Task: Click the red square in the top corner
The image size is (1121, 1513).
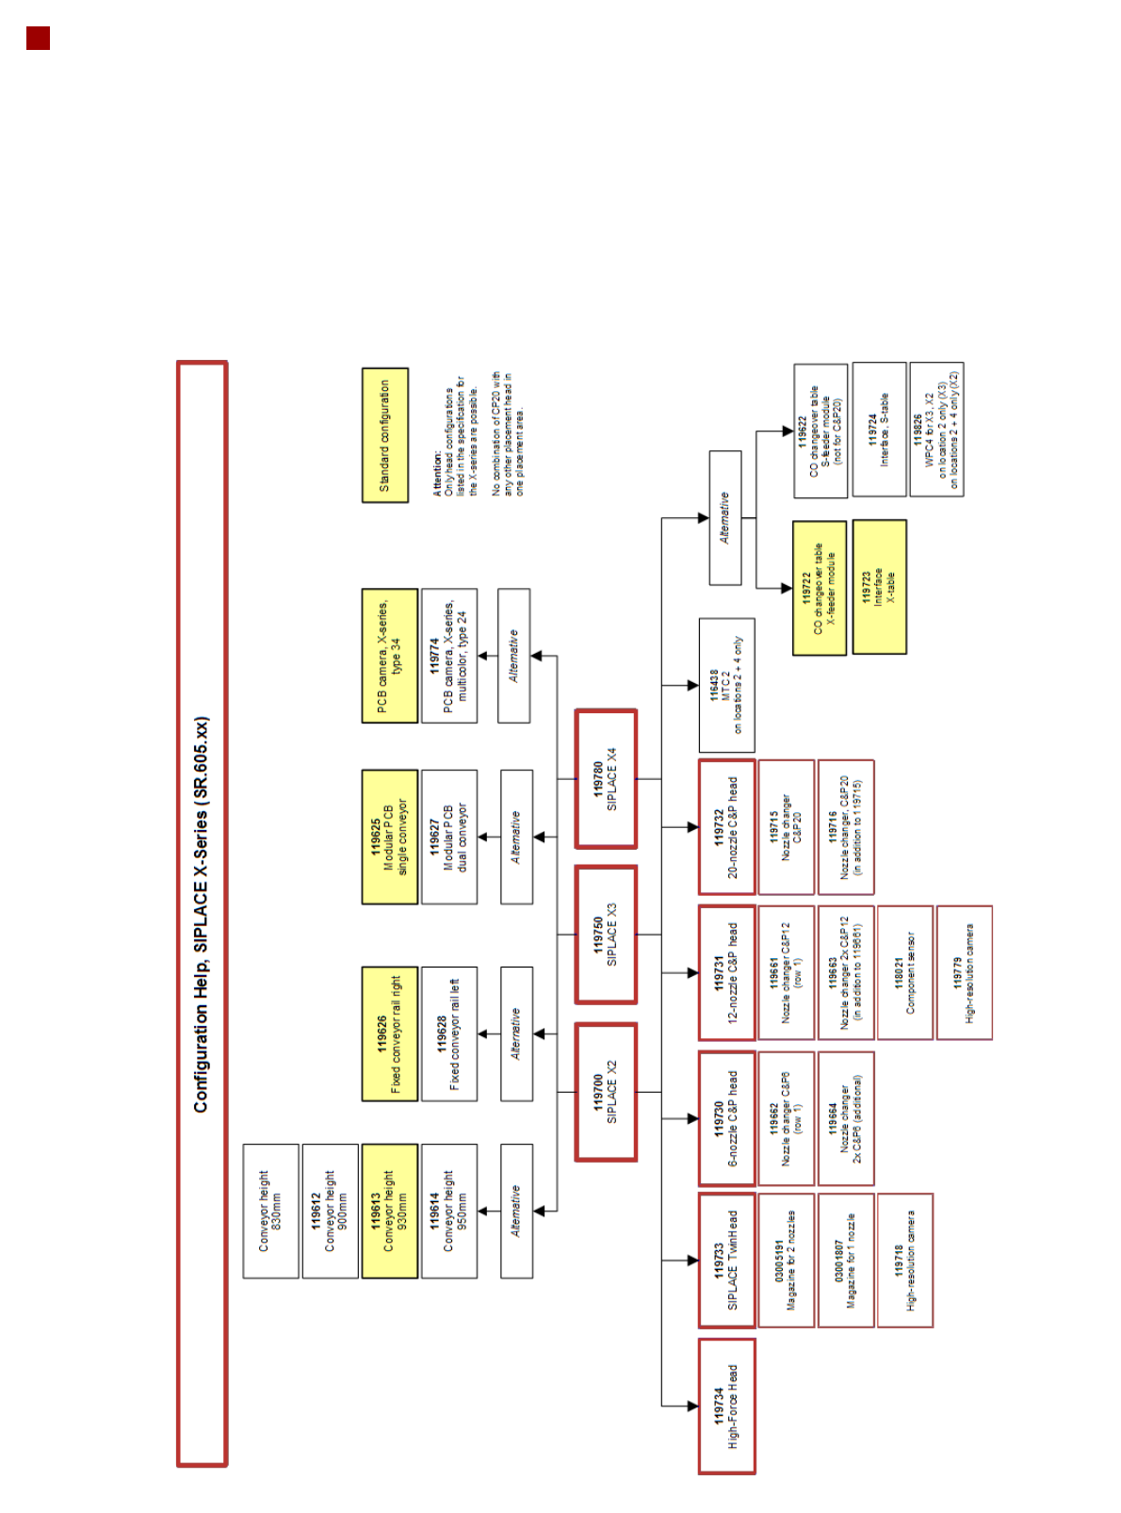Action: (x=38, y=39)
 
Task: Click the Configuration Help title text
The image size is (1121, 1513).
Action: (x=202, y=914)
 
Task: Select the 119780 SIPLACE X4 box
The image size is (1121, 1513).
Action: (x=606, y=779)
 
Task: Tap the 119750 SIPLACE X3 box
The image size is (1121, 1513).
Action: (x=606, y=935)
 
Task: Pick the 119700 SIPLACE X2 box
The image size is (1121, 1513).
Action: (x=606, y=1092)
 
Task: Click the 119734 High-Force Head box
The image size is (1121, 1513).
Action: (x=726, y=1405)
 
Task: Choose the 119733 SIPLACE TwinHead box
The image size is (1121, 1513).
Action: (x=726, y=1260)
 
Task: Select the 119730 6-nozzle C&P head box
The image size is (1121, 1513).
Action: (x=726, y=1117)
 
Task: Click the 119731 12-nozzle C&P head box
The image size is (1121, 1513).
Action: (x=726, y=972)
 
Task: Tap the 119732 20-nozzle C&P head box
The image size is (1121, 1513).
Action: (x=726, y=826)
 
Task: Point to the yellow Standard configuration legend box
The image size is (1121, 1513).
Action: (x=384, y=435)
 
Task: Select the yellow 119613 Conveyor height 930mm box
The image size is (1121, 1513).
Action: (x=389, y=1211)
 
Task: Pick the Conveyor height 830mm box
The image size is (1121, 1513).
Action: (x=270, y=1211)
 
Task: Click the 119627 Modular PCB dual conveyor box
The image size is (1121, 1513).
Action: (x=448, y=837)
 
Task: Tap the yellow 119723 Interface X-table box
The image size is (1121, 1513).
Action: (x=879, y=587)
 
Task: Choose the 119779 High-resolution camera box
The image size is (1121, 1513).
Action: (x=964, y=972)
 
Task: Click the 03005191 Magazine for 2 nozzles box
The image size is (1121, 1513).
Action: (x=786, y=1260)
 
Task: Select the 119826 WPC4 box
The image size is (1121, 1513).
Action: (x=936, y=430)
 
